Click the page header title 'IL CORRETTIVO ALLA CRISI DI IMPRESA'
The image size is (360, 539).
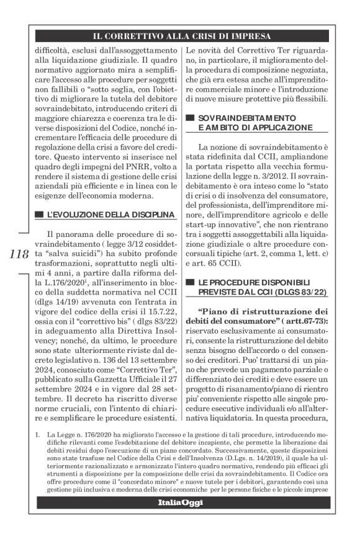[180, 37]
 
